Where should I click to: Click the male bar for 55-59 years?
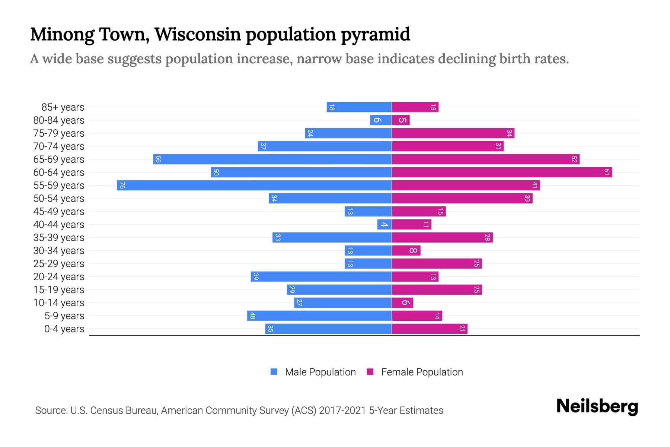[254, 185]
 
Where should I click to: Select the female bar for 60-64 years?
[502, 172]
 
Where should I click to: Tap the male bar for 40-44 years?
[385, 224]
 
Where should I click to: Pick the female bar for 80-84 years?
[401, 120]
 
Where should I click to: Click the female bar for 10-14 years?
[402, 302]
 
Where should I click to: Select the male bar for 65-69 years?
[272, 159]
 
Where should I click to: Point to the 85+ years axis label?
[63, 107]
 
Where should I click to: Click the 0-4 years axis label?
[64, 329]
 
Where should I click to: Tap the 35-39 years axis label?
[59, 238]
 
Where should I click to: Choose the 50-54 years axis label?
[59, 199]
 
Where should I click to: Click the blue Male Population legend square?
[274, 372]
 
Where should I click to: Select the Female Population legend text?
[422, 372]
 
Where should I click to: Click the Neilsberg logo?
[597, 406]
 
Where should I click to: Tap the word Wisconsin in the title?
[198, 34]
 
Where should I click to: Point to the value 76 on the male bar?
[122, 185]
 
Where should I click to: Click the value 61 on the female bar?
[607, 172]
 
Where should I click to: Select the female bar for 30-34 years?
[406, 250]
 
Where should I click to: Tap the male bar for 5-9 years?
[319, 316]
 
